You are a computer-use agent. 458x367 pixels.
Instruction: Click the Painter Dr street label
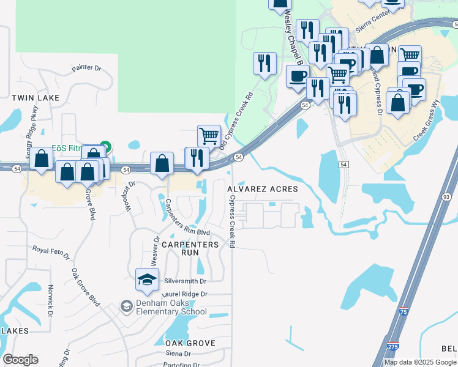85,68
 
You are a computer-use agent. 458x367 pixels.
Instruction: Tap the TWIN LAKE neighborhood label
36,98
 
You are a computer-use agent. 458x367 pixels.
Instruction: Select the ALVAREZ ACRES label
263,190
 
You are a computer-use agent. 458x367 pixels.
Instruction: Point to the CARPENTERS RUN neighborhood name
190,248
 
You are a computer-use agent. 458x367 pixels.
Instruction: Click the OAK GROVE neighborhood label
190,343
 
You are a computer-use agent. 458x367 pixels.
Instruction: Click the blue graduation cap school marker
148,280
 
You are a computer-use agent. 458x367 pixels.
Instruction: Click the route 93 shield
446,197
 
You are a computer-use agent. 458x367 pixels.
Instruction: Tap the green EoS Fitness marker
105,147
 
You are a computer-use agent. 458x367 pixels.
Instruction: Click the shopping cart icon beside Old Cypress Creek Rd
209,136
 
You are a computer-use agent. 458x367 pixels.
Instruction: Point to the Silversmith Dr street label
187,281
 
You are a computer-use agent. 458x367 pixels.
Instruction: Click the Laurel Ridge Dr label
184,294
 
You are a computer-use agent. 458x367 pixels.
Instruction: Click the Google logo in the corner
20,360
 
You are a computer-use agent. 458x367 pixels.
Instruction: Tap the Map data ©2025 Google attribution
420,362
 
